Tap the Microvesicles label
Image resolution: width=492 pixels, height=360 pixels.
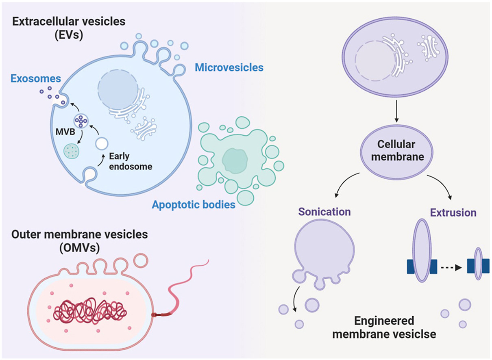229,67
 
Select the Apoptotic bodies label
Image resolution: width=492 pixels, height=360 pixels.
194,204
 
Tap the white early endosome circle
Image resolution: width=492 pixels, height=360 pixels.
102,143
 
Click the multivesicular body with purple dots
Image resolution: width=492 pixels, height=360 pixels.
81,121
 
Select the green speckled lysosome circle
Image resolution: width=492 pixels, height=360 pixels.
72,151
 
